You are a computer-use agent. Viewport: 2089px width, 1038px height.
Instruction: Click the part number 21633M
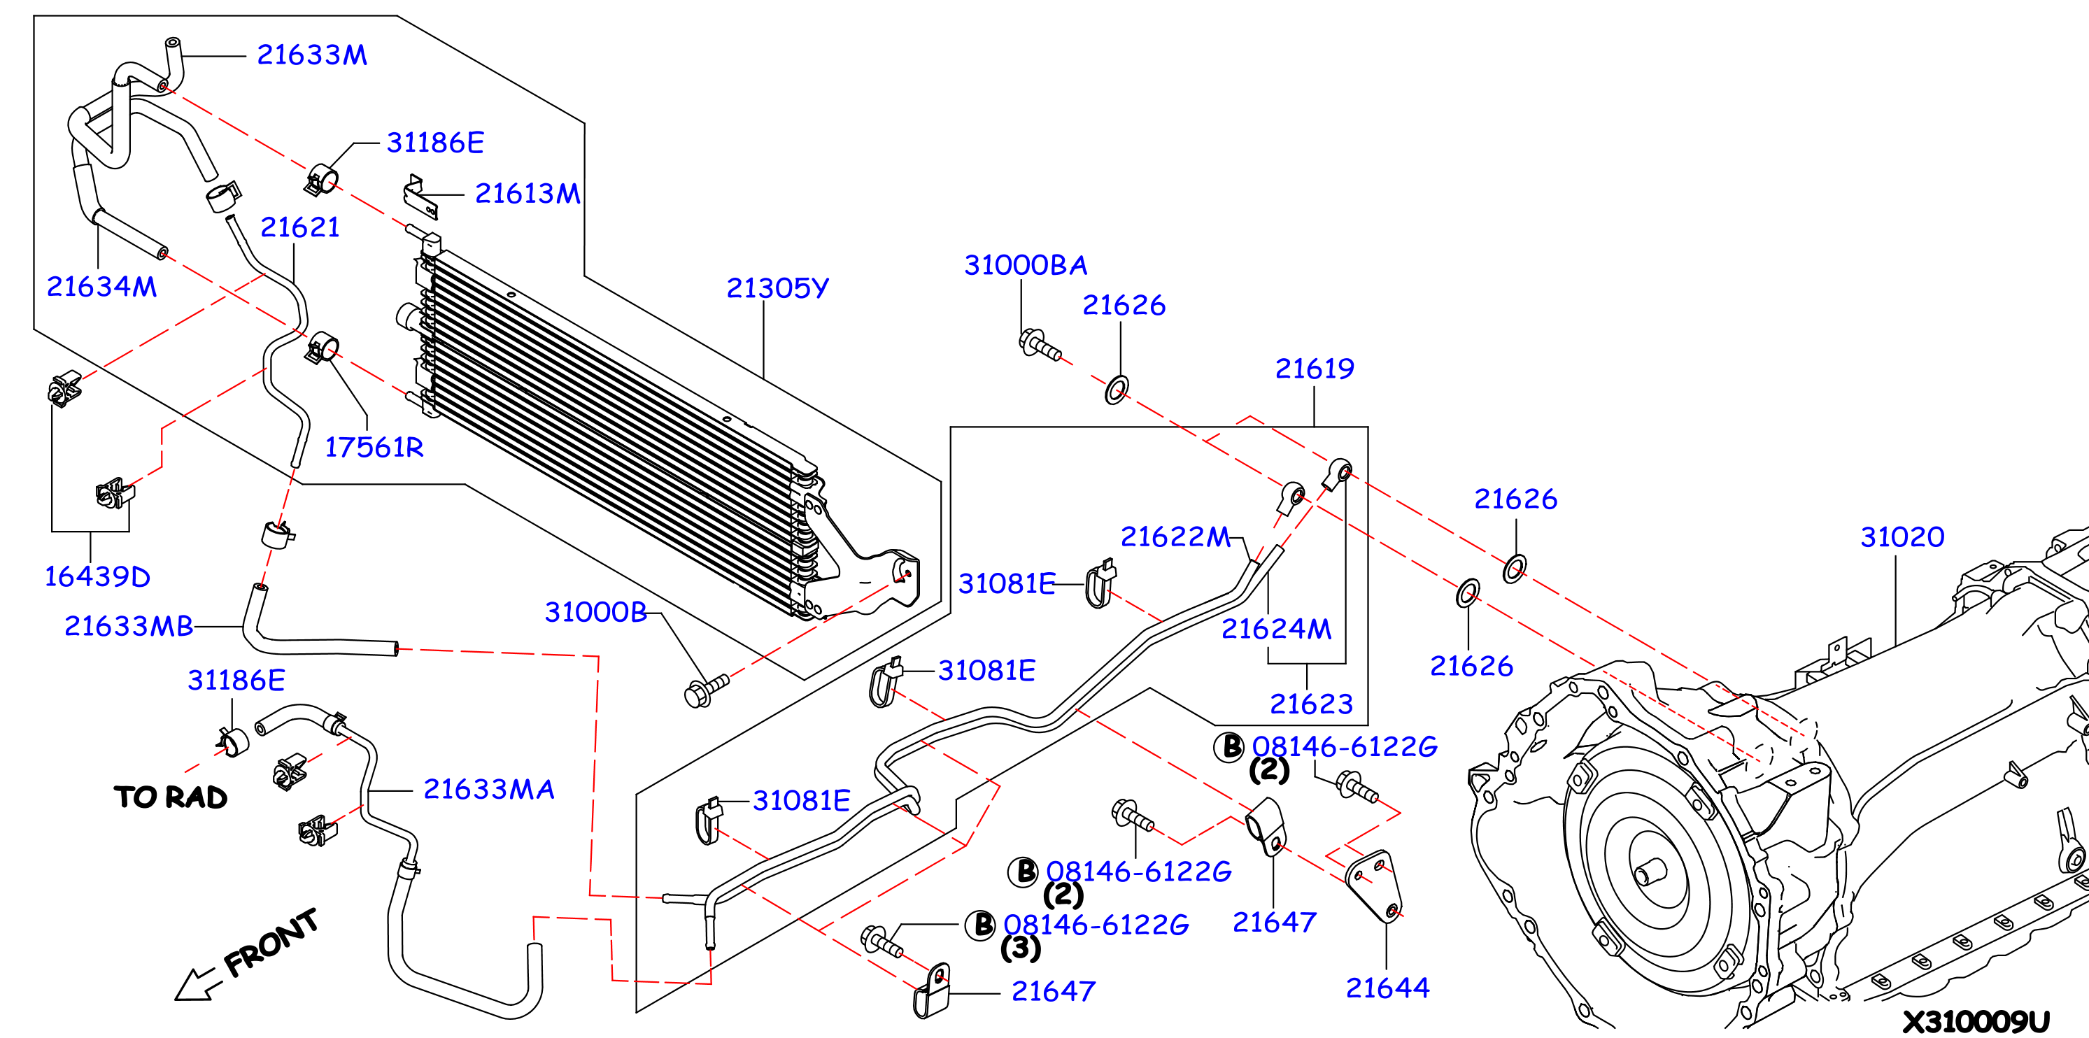pos(312,55)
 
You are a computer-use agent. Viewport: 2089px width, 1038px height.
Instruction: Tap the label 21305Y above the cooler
pos(778,288)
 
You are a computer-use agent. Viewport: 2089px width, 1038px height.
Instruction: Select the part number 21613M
pos(528,194)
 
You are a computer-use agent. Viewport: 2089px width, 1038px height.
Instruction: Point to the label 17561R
pos(374,447)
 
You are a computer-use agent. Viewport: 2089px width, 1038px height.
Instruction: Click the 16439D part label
pos(97,576)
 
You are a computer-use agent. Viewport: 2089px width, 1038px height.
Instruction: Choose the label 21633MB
pos(129,626)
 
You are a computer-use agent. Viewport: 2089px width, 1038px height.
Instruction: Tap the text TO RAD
pos(170,797)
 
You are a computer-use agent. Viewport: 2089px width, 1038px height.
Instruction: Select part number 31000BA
pos(1026,265)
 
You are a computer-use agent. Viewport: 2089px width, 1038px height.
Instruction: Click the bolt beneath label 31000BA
pos(1039,345)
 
